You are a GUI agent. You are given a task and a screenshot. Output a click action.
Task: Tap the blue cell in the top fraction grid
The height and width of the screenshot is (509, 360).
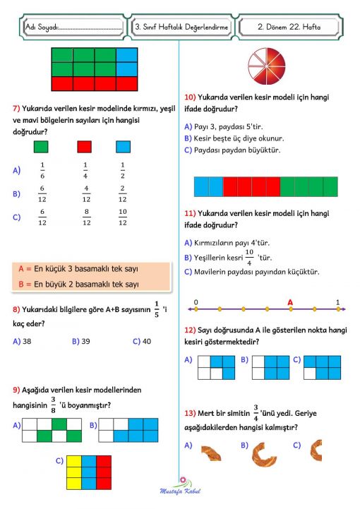coord(126,56)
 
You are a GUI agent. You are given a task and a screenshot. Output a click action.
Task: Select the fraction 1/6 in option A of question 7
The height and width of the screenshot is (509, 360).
coord(42,170)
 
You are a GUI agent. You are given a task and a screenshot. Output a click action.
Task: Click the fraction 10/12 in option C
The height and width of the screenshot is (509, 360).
coord(122,217)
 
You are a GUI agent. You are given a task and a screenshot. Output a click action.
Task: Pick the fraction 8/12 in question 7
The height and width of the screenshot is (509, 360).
coord(86,217)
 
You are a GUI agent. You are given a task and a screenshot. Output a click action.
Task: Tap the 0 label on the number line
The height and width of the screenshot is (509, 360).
coord(196,302)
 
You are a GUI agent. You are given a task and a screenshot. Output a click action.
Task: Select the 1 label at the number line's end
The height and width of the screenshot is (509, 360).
coord(337,302)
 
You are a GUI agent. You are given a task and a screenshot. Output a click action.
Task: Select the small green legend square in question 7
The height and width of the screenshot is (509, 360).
coord(42,146)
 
